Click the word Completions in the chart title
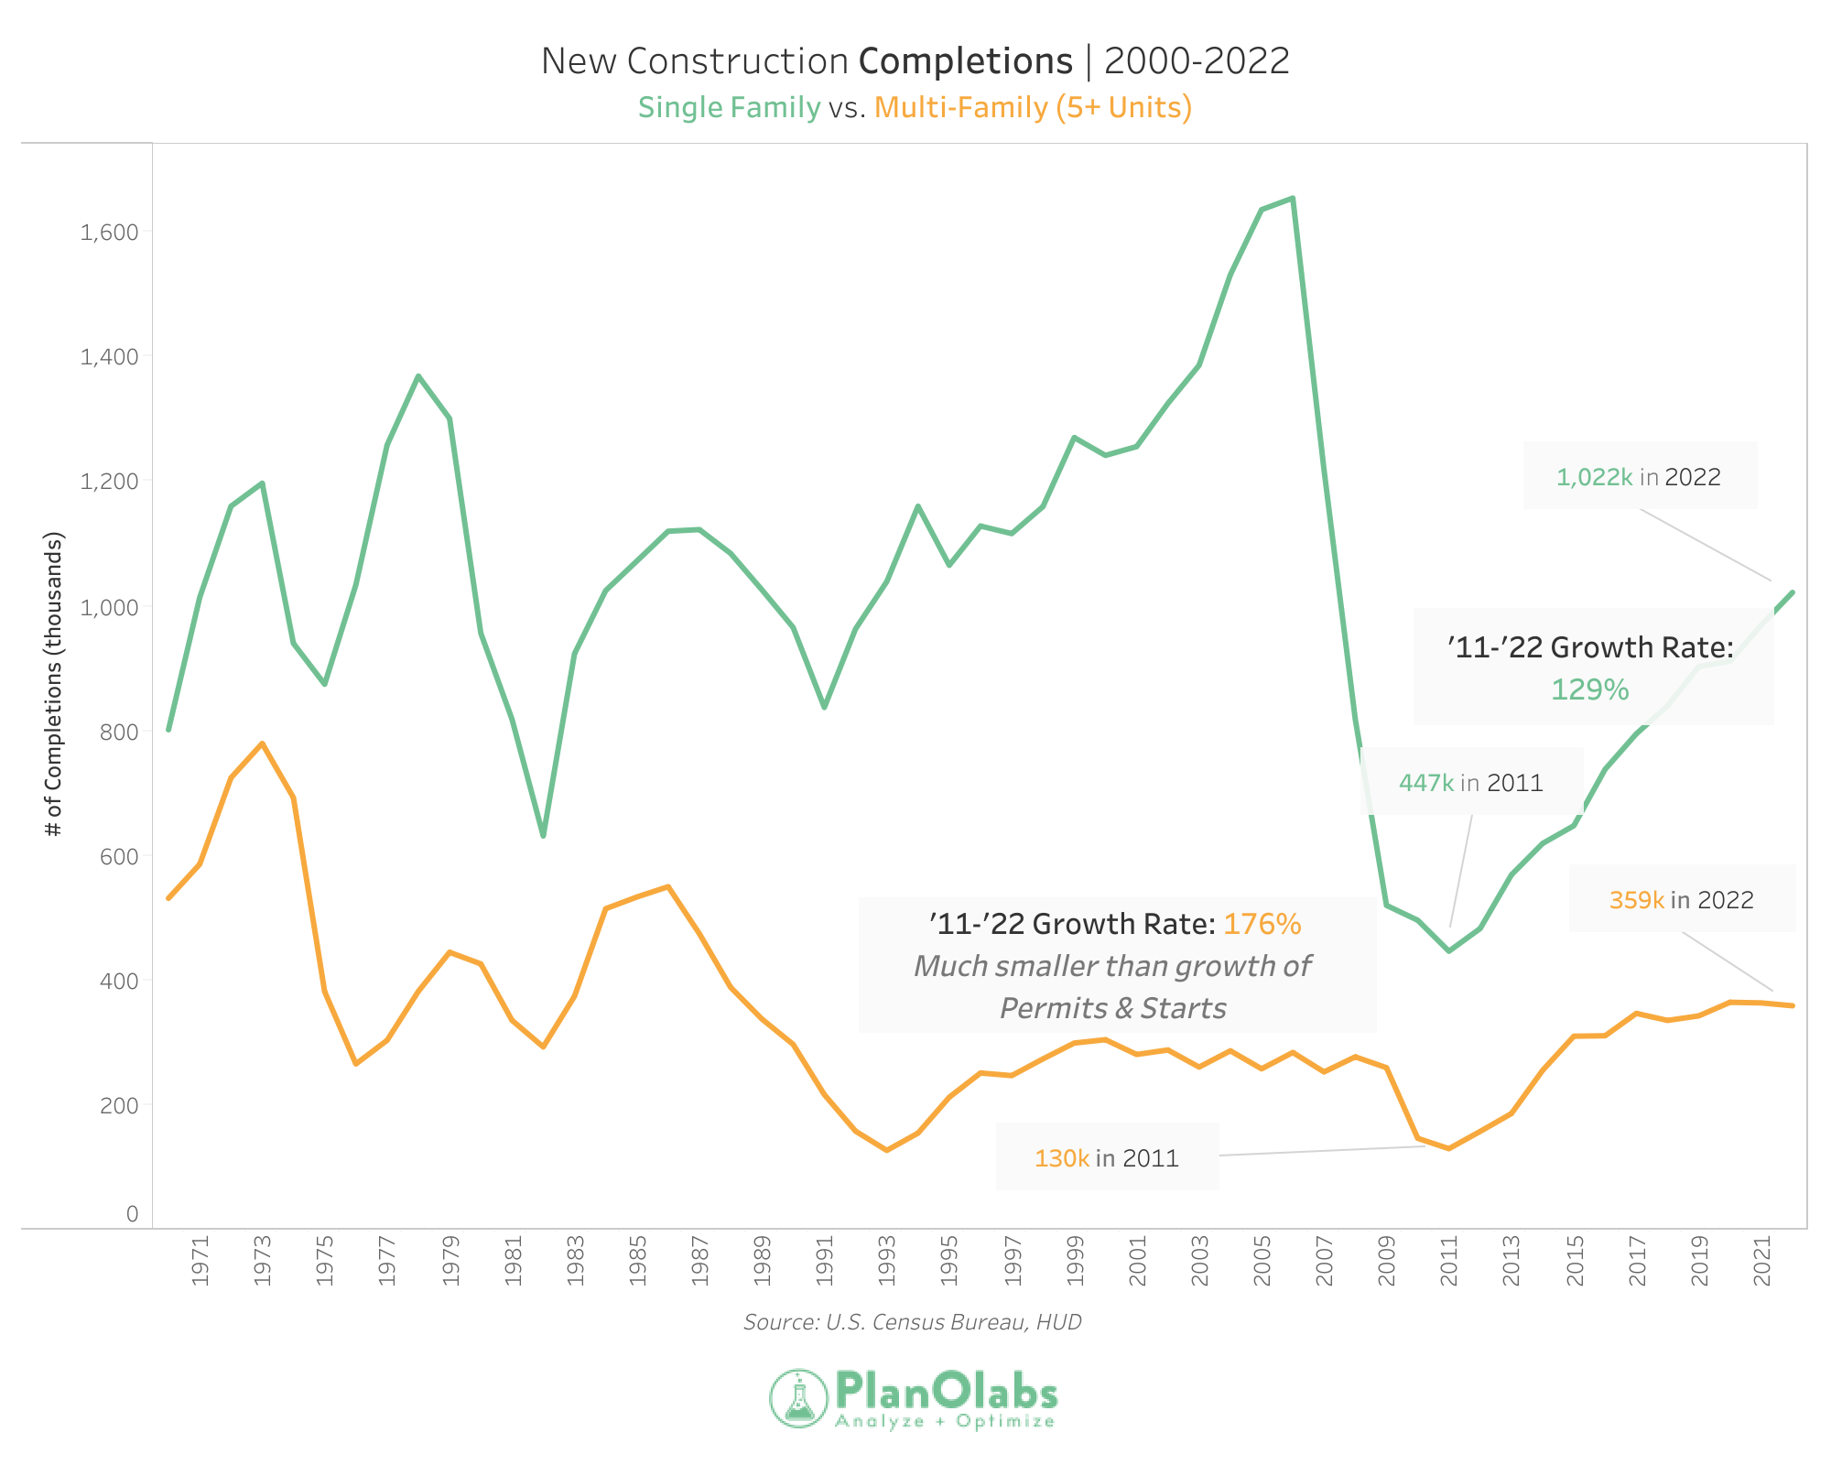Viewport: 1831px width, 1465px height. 966,61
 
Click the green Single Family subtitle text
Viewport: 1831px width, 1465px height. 729,108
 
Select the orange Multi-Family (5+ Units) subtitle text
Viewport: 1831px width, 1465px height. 1033,108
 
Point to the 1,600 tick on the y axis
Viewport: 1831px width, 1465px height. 109,232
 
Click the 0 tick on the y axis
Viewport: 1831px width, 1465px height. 132,1214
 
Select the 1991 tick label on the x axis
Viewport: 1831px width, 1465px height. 825,1261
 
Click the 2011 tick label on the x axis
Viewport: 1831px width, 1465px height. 1449,1261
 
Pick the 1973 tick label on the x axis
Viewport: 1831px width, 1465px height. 263,1261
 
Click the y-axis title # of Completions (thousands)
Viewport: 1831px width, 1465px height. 54,684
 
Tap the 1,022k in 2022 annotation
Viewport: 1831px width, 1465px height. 1639,477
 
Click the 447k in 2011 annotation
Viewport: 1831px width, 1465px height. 1470,783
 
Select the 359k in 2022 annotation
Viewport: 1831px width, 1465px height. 1681,900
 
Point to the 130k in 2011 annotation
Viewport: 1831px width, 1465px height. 1106,1158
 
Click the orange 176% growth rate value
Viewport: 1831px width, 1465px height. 1262,924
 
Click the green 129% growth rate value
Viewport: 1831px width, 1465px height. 1589,689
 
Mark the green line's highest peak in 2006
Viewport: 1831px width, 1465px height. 1292,198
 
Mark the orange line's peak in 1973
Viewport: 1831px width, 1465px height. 263,743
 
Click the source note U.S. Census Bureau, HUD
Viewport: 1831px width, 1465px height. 912,1322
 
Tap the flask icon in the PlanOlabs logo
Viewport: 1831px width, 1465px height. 799,1398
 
